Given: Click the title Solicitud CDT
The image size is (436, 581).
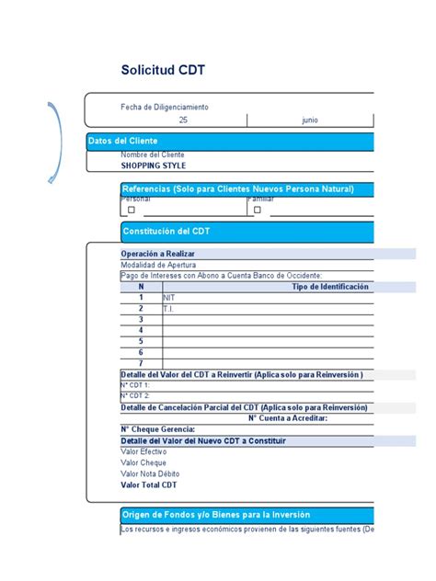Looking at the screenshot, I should (165, 71).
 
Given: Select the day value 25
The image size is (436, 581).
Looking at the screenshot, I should (183, 120).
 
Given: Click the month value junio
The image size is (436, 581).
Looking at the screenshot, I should (311, 120).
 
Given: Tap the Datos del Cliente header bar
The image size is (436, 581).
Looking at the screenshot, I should (230, 142).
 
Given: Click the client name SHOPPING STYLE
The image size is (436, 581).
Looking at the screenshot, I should (154, 166).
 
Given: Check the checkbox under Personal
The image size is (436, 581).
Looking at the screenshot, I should (132, 210).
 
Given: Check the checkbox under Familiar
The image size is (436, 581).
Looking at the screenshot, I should (258, 210).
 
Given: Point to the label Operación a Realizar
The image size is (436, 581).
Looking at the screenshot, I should (157, 254).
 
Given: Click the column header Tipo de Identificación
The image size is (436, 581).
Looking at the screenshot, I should (330, 287).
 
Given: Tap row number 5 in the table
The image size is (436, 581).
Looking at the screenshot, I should (141, 341).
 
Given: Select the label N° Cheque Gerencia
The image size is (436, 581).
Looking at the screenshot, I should (157, 429).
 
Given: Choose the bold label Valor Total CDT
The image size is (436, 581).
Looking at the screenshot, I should (149, 484).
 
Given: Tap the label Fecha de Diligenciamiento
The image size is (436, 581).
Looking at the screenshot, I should (165, 108).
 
